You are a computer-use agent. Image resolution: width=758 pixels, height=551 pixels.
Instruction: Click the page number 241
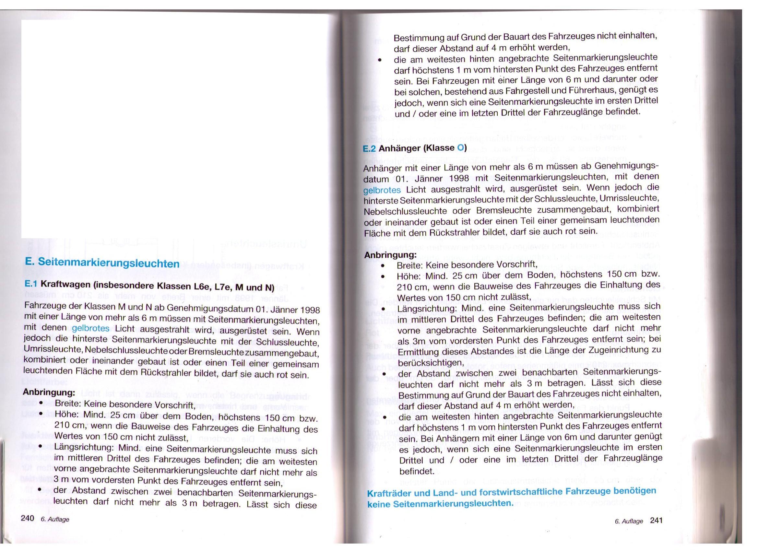[x=657, y=520]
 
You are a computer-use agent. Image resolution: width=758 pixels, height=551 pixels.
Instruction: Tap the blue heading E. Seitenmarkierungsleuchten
[x=102, y=263]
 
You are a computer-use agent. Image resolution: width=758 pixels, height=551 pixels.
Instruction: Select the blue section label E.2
[x=369, y=149]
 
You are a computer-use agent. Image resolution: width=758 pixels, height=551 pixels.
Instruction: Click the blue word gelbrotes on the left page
[x=90, y=328]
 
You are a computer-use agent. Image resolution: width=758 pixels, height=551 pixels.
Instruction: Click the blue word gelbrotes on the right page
[x=382, y=191]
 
